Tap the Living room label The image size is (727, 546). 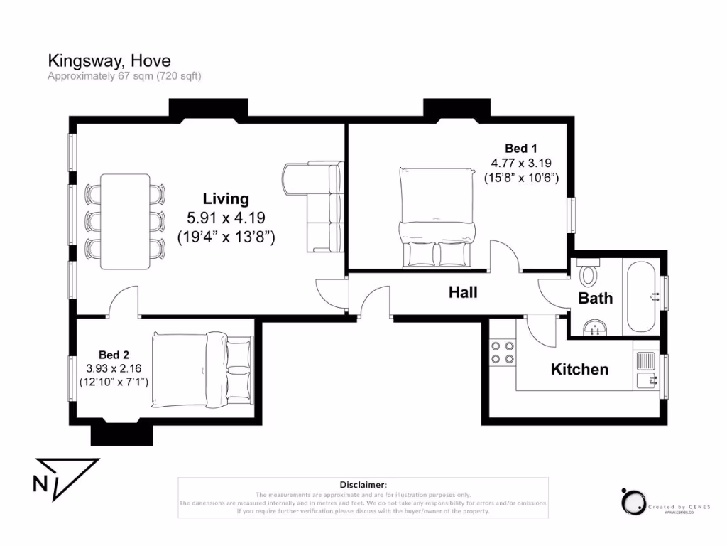[x=226, y=198]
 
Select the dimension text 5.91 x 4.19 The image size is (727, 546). [x=226, y=218]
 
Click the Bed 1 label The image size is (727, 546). [x=520, y=148]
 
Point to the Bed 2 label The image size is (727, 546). [x=114, y=354]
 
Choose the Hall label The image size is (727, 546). [x=463, y=292]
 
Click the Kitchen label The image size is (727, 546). [x=579, y=369]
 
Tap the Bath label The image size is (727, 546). [x=595, y=298]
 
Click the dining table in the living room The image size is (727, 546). [x=125, y=221]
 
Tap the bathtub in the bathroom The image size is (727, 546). [x=642, y=296]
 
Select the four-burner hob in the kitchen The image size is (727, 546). [x=503, y=352]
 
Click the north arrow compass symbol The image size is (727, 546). [x=65, y=479]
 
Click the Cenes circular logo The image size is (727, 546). [x=633, y=502]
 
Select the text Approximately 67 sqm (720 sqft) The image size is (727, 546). [x=124, y=75]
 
